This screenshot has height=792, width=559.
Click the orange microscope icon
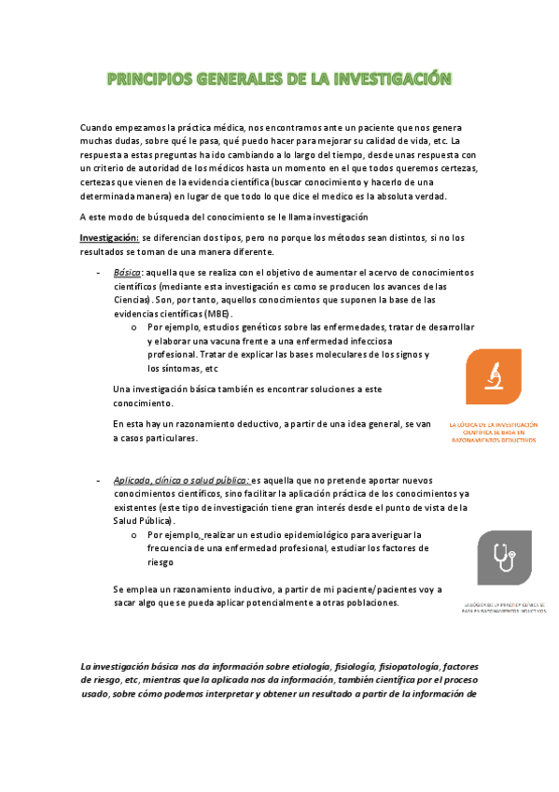pos(493,376)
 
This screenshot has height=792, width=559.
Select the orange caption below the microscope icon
pos(493,431)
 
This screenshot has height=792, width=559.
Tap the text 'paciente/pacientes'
pos(363,589)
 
